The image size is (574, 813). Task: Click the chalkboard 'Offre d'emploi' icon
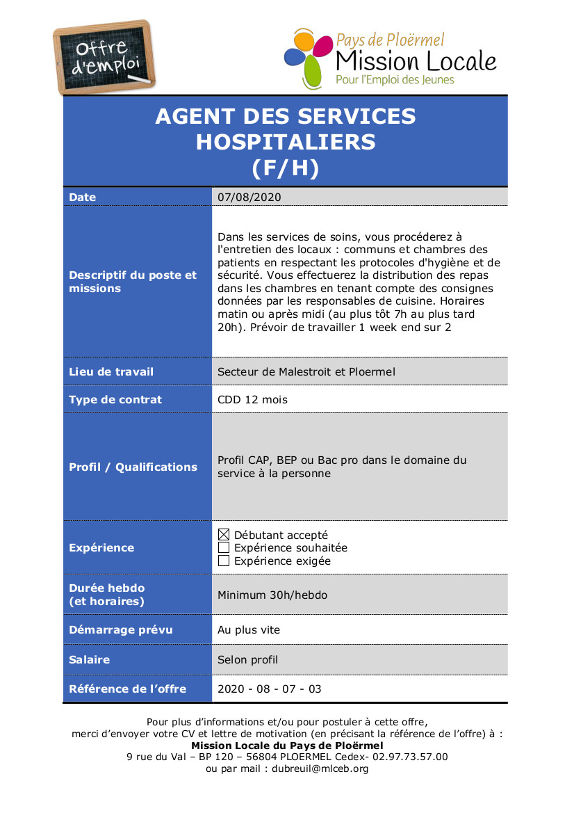(x=105, y=58)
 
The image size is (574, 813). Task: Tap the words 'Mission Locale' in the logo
(x=416, y=61)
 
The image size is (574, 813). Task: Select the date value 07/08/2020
(x=249, y=198)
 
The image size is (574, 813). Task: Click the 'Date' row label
(x=83, y=198)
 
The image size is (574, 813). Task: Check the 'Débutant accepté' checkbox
(x=224, y=535)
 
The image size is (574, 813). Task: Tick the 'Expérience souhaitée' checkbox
(x=224, y=548)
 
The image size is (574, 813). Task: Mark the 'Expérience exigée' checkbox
(x=224, y=561)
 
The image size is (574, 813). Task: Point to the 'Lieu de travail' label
(x=111, y=371)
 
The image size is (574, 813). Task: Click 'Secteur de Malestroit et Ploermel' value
(x=306, y=371)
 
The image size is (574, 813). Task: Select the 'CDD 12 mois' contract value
(x=252, y=399)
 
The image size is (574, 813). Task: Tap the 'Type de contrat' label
(x=115, y=399)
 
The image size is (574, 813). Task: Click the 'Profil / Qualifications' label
(x=133, y=467)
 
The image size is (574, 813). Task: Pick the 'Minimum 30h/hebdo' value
(x=272, y=595)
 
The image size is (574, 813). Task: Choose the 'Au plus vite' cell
(x=249, y=629)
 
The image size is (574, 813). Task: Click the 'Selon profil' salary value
(x=247, y=659)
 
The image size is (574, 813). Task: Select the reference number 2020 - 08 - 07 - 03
(x=270, y=689)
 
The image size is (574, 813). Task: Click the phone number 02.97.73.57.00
(x=410, y=757)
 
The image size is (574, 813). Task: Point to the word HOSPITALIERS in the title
(x=286, y=142)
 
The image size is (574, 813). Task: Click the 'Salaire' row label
(x=90, y=659)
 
